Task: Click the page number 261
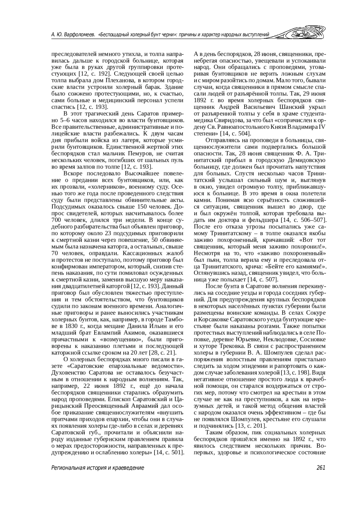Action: point(321,468)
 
